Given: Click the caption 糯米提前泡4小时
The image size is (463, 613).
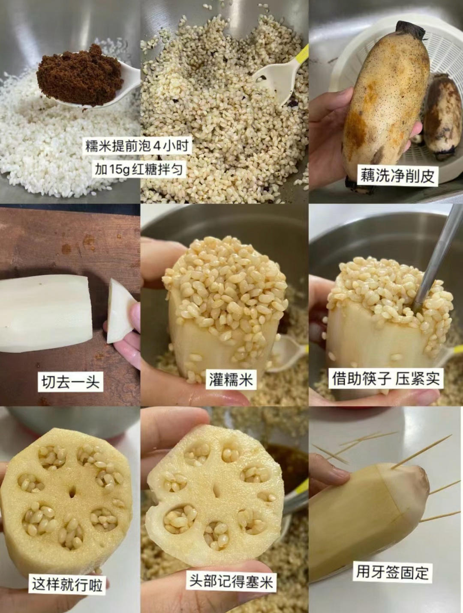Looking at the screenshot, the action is tap(137, 146).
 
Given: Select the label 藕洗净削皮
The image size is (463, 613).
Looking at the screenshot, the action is tap(397, 175).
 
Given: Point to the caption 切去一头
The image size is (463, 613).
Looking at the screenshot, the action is tap(70, 381).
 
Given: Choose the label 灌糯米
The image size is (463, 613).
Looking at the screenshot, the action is tap(231, 379).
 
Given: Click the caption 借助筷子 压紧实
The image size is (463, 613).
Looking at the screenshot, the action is tap(386, 379).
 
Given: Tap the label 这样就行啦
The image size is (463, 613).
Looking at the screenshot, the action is tap(67, 583).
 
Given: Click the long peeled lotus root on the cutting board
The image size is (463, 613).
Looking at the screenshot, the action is tap(46, 313).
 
